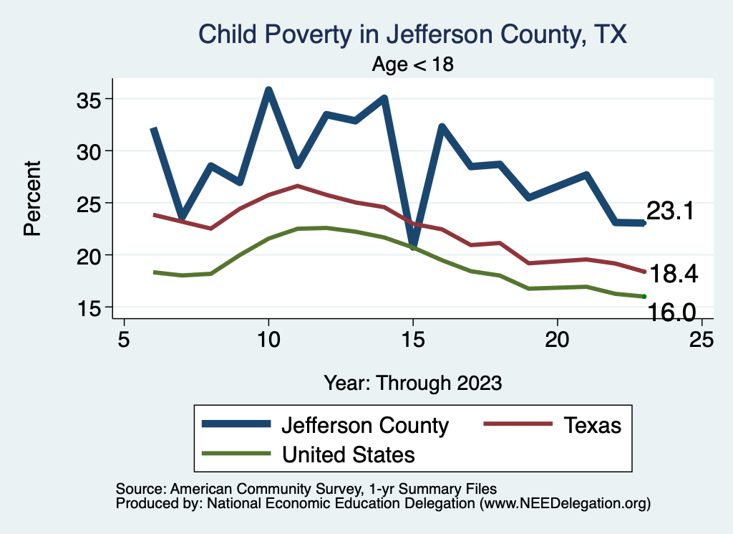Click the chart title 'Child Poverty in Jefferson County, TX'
coord(412,34)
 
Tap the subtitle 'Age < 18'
coord(412,64)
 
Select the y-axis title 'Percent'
coord(33,197)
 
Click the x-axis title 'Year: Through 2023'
coord(412,382)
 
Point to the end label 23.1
coord(670,211)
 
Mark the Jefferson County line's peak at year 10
coord(268,90)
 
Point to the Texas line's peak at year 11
coord(297,186)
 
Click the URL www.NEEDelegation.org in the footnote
coord(565,503)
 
